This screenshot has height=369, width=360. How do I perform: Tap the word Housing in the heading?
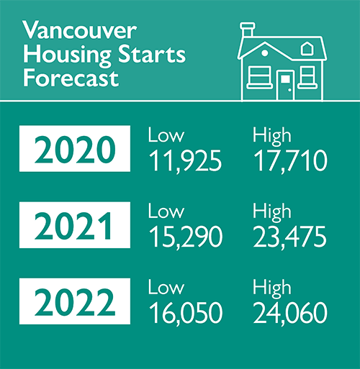tap(57, 55)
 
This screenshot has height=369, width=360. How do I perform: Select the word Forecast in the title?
tap(71, 78)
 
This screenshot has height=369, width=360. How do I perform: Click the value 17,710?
tap(289, 161)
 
